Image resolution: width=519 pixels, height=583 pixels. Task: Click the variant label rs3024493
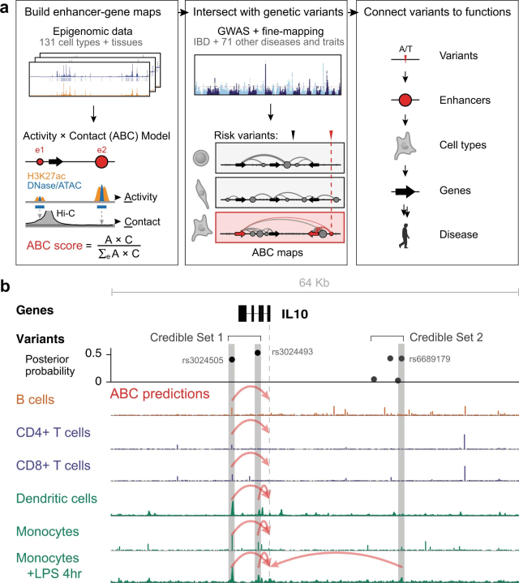292,351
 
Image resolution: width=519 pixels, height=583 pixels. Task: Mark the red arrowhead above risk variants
331,134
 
